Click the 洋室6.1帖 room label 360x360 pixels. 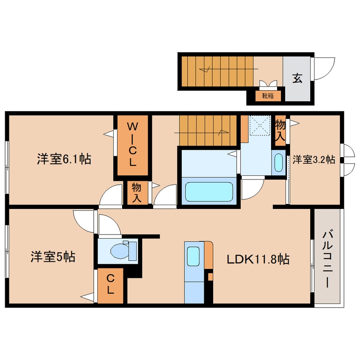pos(63,160)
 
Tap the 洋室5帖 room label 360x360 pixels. pos(53,257)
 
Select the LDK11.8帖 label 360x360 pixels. pos(258,259)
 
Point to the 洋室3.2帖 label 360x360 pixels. pos(314,160)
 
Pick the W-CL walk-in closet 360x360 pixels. pos(132,145)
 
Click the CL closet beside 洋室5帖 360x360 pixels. pos(110,285)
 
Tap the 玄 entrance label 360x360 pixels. pos(297,78)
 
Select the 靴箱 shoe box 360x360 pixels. pos(268,96)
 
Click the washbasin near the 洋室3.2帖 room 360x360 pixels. pos(278,163)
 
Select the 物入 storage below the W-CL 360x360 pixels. pos(137,193)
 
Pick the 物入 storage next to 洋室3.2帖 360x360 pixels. pos(280,131)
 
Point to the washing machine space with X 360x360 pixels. pos(260,125)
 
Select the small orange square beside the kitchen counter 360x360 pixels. pos(210,277)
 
